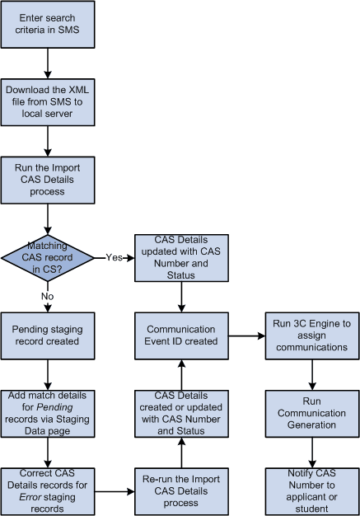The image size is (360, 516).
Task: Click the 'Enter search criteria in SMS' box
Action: pyautogui.click(x=48, y=25)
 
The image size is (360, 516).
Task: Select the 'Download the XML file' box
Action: pyautogui.click(x=48, y=99)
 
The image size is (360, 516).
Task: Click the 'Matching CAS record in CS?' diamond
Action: pyautogui.click(x=48, y=256)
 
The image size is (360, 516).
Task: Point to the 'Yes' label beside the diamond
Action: pyautogui.click(x=114, y=257)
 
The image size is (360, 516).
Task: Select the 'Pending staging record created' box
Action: pyautogui.click(x=48, y=335)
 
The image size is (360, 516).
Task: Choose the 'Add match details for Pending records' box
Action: pyautogui.click(x=48, y=413)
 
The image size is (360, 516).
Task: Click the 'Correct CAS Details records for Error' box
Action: pyautogui.click(x=48, y=490)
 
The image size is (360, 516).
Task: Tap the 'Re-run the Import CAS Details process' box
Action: pyautogui.click(x=179, y=490)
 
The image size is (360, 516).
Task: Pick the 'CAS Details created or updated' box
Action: pyautogui.click(x=179, y=413)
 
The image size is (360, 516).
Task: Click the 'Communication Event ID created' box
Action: pyautogui.click(x=179, y=335)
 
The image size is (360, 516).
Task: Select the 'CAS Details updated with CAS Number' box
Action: pyautogui.click(x=179, y=256)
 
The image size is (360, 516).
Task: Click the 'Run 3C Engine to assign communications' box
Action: pyautogui.click(x=310, y=335)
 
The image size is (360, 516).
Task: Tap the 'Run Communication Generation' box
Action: pyautogui.click(x=310, y=413)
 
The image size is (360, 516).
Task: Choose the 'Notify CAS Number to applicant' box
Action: pyautogui.click(x=310, y=490)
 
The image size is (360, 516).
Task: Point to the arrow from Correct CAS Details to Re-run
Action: pyautogui.click(x=114, y=491)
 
